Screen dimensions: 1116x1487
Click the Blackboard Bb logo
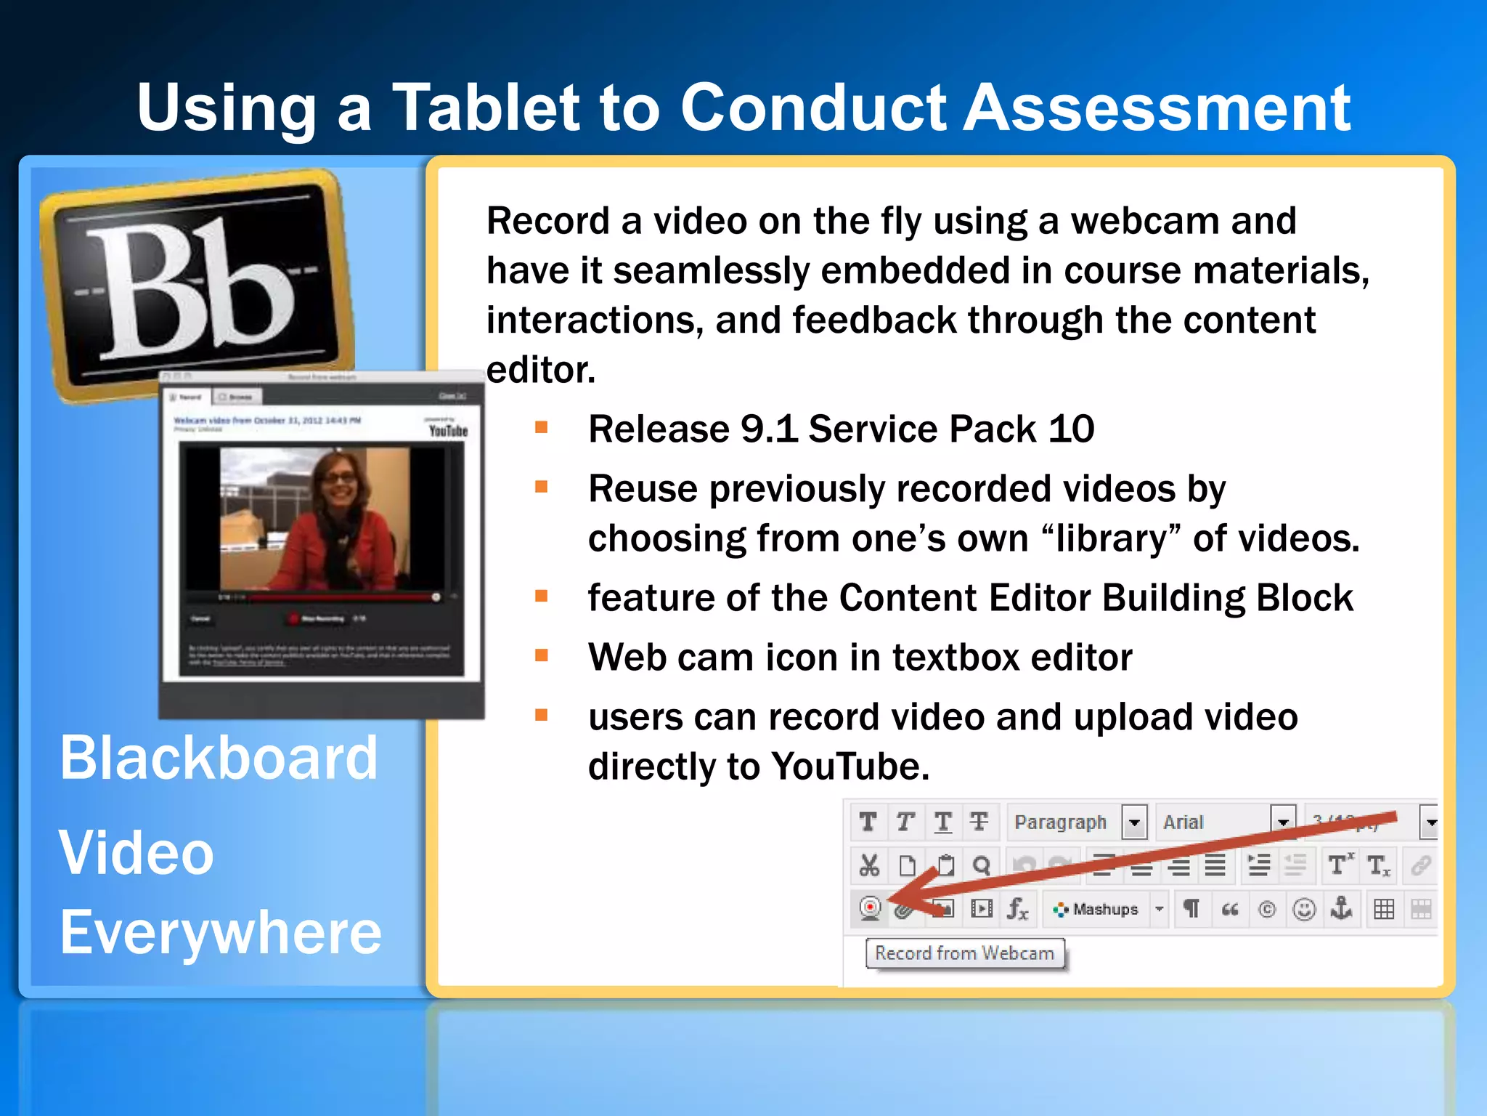tap(196, 287)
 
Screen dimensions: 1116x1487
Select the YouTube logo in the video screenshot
tap(448, 430)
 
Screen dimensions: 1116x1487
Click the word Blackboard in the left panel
tap(219, 758)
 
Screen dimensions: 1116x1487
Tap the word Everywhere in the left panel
tap(221, 932)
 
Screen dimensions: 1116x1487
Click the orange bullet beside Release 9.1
tap(541, 427)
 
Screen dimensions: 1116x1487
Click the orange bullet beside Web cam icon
tap(541, 655)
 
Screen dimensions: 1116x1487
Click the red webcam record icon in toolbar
tap(870, 908)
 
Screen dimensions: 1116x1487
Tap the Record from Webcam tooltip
tap(964, 953)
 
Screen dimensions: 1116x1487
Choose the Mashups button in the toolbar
tap(1099, 909)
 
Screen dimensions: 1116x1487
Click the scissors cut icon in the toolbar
tap(869, 865)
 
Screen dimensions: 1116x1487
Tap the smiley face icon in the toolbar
tap(1305, 909)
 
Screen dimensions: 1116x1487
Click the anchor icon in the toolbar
tap(1341, 908)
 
